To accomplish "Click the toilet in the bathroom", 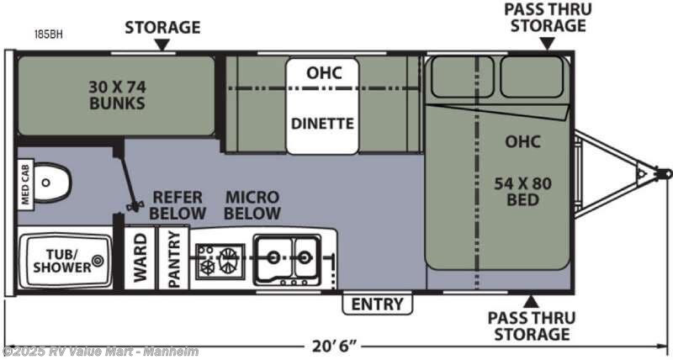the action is point(52,183).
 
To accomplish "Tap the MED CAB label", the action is point(25,184).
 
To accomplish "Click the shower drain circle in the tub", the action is point(98,261).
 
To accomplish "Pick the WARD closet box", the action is point(140,258).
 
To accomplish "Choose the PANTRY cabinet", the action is point(174,258).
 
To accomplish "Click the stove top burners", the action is point(220,260).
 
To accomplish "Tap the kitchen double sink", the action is point(287,260).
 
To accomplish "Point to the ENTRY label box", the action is point(377,304).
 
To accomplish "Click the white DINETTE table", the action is point(322,106).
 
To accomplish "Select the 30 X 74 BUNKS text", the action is point(117,95).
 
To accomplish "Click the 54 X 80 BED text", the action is point(522,192).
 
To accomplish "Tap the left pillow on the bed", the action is point(462,77).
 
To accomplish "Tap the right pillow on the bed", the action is point(532,77).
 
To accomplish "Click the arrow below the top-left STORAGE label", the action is point(162,45).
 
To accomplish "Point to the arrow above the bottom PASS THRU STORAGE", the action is point(531,302).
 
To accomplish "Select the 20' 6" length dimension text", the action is point(335,345).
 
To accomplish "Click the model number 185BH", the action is point(49,34).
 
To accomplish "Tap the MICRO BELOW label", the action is point(252,205).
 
